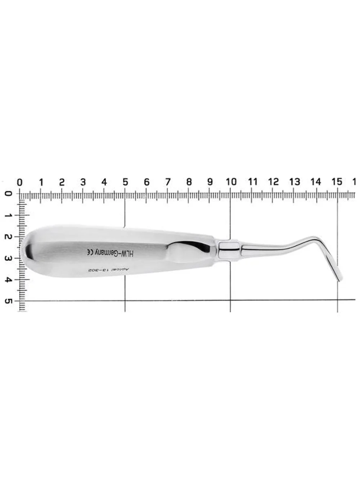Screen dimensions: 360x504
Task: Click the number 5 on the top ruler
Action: click(x=125, y=182)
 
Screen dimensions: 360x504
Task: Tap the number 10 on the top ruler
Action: click(x=231, y=182)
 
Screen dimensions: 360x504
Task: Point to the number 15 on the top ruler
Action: click(x=337, y=182)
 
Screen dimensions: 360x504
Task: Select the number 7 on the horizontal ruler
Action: click(x=168, y=182)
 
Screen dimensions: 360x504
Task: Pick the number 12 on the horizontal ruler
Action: click(x=273, y=182)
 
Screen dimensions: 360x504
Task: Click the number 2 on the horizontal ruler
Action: click(x=62, y=182)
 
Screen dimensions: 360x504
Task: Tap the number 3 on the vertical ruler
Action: click(x=8, y=258)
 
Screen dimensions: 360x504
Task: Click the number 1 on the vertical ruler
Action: click(x=8, y=215)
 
